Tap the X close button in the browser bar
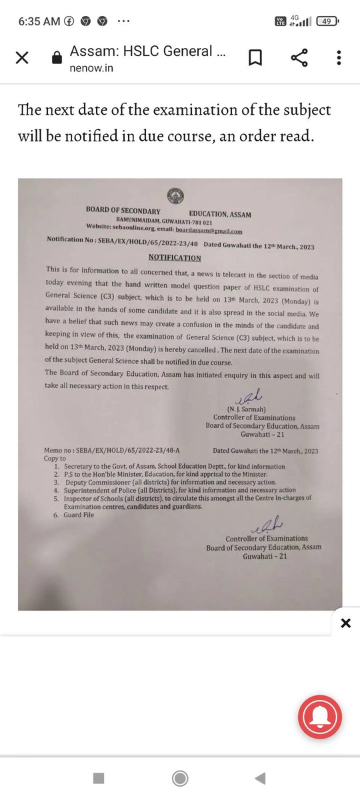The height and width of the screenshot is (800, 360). click(x=22, y=57)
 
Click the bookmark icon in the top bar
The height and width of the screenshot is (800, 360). click(x=255, y=57)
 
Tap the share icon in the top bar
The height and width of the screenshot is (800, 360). click(x=298, y=57)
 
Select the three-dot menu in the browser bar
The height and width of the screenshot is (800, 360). click(x=341, y=57)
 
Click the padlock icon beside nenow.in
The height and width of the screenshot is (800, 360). click(x=56, y=58)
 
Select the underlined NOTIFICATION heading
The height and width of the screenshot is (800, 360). click(x=174, y=257)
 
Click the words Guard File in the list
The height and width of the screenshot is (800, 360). click(x=81, y=514)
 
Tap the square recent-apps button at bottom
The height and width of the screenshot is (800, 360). click(x=98, y=778)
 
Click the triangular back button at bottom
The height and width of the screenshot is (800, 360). click(x=261, y=778)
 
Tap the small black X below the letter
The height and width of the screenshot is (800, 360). click(x=345, y=623)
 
